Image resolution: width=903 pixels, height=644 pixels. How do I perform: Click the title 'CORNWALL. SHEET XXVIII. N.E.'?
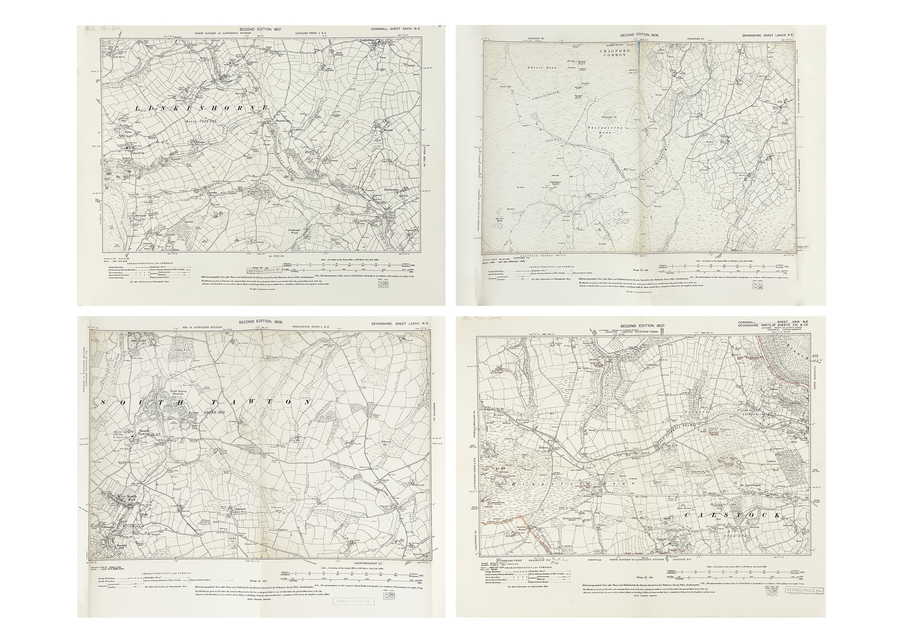[x=395, y=29]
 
